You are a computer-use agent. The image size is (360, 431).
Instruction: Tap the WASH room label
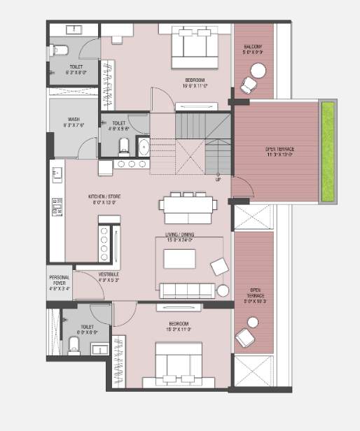73,120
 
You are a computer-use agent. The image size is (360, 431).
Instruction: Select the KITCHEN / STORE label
104,197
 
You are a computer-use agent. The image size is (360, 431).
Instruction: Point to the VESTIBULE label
109,274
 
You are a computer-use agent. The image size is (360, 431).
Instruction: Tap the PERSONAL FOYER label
59,281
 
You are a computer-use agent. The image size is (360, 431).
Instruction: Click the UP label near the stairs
218,179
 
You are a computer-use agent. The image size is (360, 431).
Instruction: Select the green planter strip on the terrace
327,152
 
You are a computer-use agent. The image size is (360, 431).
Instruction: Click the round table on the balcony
258,71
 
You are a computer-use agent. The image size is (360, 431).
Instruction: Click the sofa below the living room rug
187,290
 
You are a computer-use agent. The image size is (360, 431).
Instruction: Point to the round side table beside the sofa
223,290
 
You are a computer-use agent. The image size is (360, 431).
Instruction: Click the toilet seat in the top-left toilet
60,50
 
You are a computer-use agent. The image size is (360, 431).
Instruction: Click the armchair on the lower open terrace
245,337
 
